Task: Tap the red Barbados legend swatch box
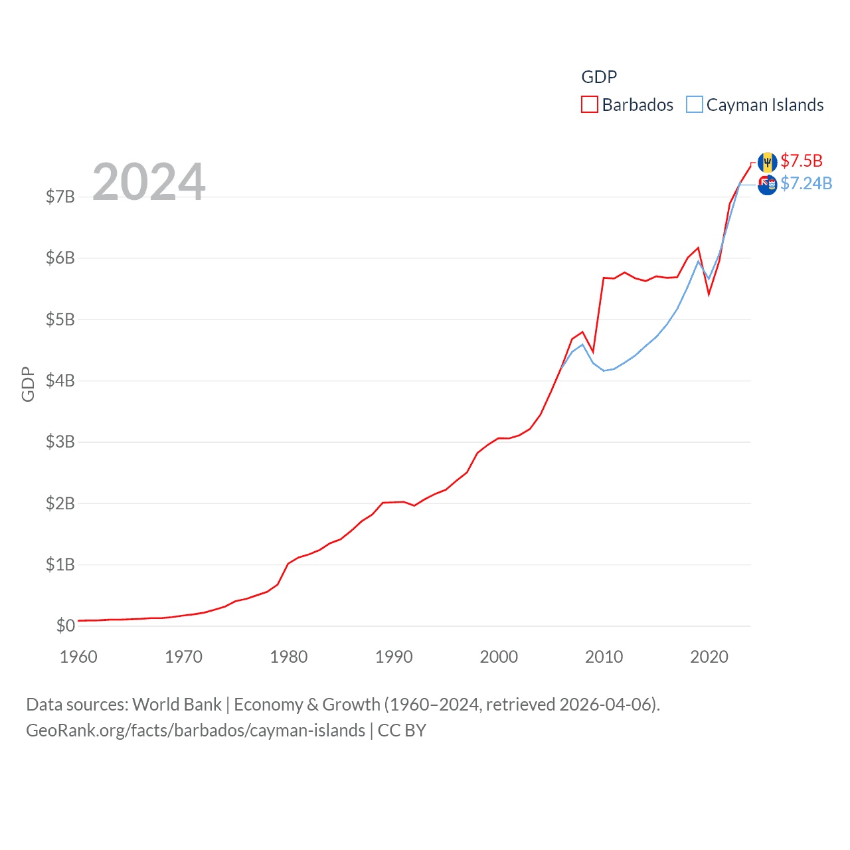[x=590, y=105]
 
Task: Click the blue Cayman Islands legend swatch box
[x=695, y=105]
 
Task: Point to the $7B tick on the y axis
[x=60, y=197]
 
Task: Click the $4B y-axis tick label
[x=60, y=381]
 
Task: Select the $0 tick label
[x=65, y=626]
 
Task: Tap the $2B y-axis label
[x=60, y=503]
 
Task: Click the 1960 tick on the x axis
[x=78, y=657]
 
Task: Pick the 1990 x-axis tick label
[x=394, y=657]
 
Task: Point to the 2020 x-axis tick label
[x=709, y=657]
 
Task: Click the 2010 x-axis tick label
[x=604, y=657]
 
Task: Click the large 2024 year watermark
[x=149, y=181]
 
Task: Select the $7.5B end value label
[x=802, y=161]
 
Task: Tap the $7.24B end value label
[x=806, y=183]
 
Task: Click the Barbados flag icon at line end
[x=768, y=161]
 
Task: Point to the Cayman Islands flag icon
[x=767, y=185]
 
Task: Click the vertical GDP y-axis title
[x=28, y=384]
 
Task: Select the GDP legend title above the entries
[x=599, y=77]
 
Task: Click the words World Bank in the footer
[x=177, y=704]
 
